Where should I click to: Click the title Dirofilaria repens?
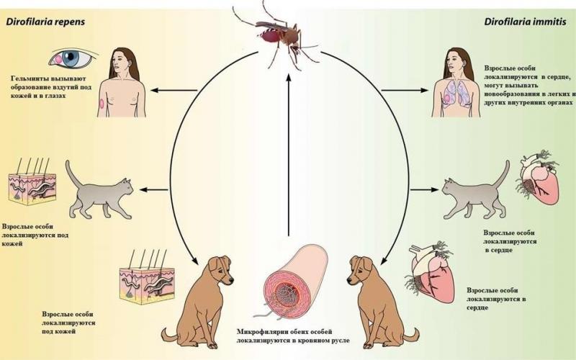45,22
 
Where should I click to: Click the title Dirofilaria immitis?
526,22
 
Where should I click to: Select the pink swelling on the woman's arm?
102,103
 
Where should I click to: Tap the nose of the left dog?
231,281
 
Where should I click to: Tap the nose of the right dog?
349,281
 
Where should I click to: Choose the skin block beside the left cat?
32,182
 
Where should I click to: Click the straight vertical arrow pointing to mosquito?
289,154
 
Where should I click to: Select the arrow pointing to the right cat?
424,189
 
